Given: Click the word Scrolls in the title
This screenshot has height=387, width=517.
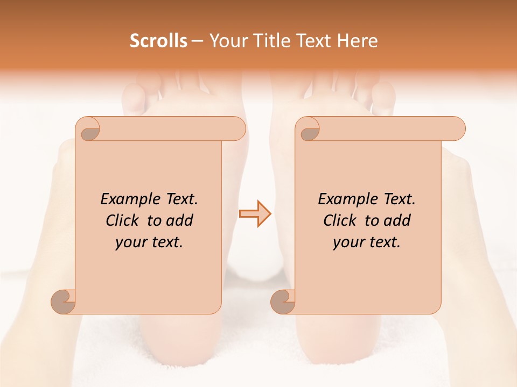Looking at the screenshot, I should click(158, 41).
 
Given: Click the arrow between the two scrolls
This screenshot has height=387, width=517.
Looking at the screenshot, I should click(255, 214).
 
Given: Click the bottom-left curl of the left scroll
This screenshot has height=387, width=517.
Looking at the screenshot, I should click(64, 301).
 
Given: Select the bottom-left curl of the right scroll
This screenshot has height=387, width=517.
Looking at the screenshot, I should click(283, 301).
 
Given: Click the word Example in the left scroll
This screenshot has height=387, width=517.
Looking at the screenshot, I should click(127, 199).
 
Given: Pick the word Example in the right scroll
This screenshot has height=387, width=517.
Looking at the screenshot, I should click(344, 199).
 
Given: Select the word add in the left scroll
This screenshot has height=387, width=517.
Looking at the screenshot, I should click(179, 220).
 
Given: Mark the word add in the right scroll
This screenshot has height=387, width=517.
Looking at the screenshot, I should click(397, 220).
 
